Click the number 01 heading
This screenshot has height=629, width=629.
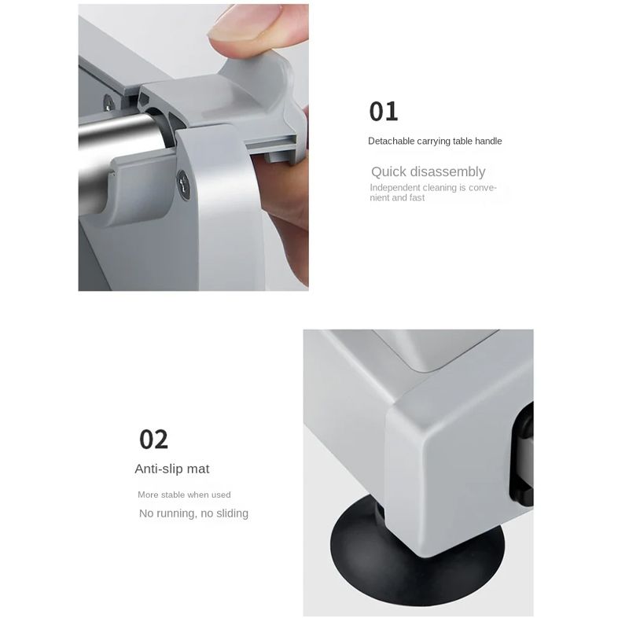(384, 112)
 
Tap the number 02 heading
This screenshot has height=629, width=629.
(153, 440)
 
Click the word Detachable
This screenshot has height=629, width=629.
(392, 141)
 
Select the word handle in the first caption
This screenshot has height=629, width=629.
(488, 141)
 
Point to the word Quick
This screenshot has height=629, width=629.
(388, 171)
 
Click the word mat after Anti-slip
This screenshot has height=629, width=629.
(198, 469)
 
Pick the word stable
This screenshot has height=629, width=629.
(174, 495)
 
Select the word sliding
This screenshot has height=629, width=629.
(232, 513)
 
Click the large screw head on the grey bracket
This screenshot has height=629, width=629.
(183, 185)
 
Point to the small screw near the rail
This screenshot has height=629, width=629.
(109, 103)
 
